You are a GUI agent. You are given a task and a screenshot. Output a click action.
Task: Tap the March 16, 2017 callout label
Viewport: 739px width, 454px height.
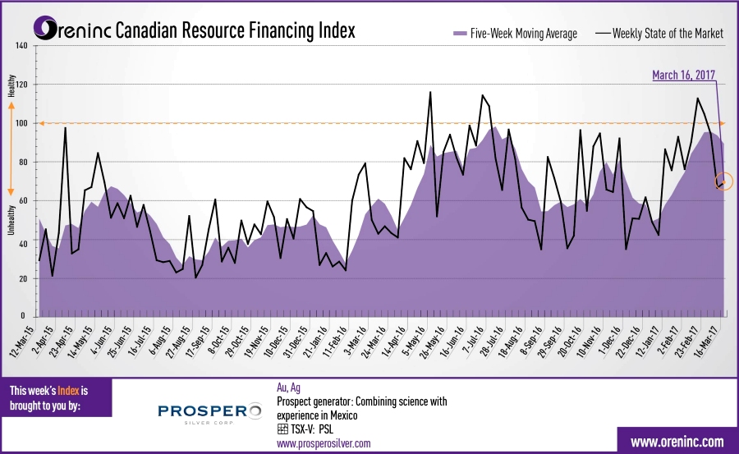coord(683,75)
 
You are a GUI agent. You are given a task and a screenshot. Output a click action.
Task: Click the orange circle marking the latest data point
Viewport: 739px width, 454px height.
coord(723,182)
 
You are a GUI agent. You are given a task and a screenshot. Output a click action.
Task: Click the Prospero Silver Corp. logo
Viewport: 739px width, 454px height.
coord(208,413)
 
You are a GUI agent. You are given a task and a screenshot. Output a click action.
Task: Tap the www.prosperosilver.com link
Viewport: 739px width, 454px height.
coord(324,443)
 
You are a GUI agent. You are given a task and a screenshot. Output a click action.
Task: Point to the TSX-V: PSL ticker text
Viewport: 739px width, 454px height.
coord(311,429)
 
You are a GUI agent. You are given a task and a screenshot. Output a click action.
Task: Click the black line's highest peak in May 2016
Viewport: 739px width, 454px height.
coord(430,93)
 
